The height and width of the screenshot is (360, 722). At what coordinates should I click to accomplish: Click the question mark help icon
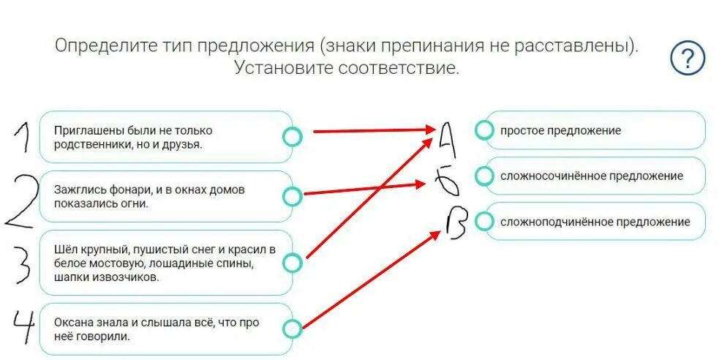[x=687, y=59]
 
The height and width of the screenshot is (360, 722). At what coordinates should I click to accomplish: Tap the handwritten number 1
[x=21, y=138]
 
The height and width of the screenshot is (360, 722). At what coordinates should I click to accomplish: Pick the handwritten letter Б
[x=447, y=181]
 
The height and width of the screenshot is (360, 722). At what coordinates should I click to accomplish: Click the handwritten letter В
[x=455, y=225]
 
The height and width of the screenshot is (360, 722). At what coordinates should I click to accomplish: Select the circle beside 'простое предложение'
[x=484, y=130]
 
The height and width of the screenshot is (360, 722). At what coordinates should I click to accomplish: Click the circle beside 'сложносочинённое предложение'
[x=484, y=176]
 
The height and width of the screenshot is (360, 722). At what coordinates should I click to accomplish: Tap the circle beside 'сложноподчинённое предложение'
[x=484, y=221]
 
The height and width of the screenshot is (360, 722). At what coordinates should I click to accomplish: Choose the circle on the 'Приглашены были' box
[x=292, y=137]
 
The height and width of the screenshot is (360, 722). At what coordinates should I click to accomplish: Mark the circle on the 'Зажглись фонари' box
[x=292, y=196]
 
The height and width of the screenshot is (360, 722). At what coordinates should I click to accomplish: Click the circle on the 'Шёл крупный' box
[x=292, y=263]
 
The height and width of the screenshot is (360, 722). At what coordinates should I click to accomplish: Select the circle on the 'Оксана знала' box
[x=292, y=329]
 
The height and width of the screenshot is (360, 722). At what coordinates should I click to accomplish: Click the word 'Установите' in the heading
[x=283, y=68]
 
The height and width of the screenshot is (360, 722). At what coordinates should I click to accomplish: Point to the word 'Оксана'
[x=72, y=323]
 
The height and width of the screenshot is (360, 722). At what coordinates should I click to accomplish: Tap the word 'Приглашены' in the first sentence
[x=83, y=130]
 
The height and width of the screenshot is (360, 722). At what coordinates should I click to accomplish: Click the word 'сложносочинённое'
[x=546, y=176]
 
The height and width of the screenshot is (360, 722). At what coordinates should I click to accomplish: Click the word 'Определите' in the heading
[x=106, y=46]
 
